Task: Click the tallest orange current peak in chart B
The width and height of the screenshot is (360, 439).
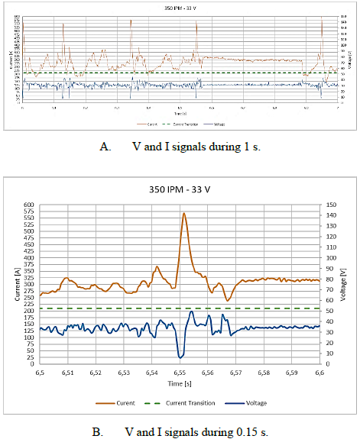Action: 183,214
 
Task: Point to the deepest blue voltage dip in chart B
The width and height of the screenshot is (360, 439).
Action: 180,357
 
